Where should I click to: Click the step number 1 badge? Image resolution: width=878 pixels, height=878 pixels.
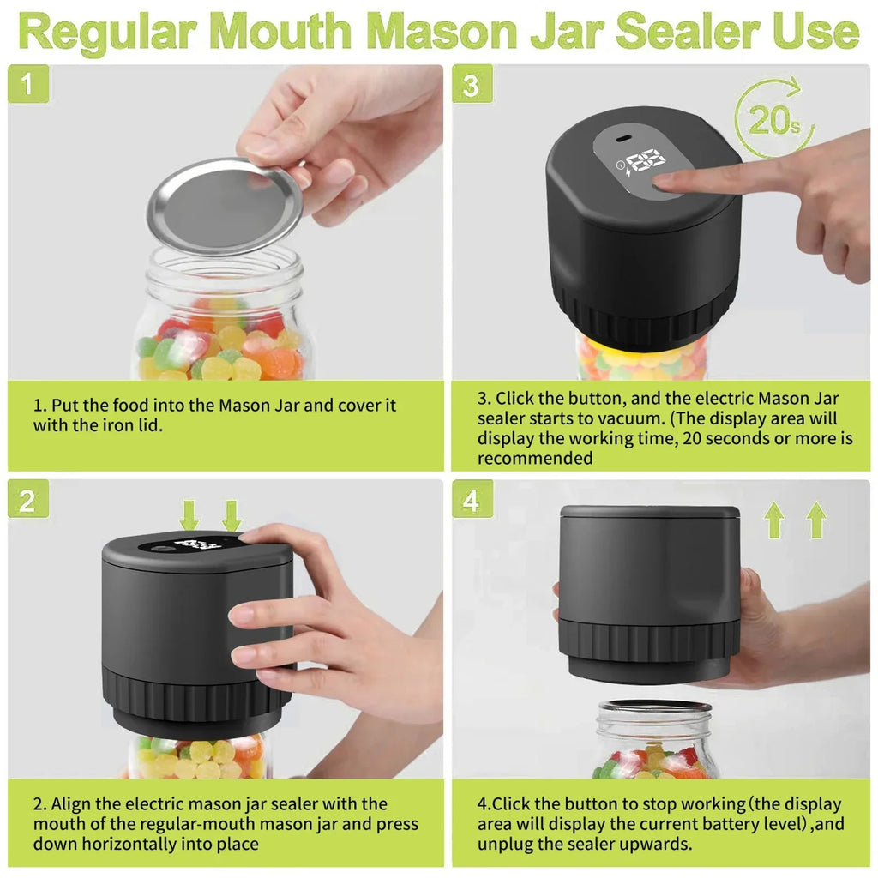28,86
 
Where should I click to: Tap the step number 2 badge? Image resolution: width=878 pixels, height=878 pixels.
28,501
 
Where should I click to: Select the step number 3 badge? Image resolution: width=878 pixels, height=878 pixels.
472,86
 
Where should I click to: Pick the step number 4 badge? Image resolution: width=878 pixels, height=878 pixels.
472,501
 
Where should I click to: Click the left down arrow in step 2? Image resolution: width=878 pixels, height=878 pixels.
189,515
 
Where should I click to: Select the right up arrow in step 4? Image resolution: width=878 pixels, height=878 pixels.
816,520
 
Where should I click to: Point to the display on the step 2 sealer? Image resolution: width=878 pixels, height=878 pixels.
197,544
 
